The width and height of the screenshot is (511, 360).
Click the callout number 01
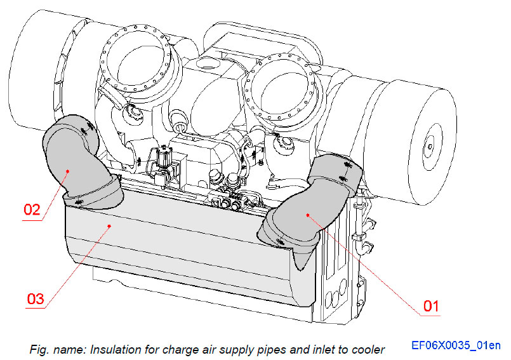point(431,306)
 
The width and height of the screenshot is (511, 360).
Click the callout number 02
point(32,208)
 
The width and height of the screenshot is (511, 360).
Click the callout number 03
point(36,298)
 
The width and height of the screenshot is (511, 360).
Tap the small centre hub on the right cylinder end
point(430,147)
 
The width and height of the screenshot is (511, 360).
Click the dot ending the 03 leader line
point(111,225)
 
